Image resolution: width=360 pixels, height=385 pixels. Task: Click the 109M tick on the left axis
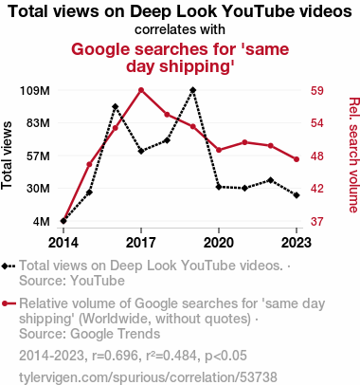(x=35, y=91)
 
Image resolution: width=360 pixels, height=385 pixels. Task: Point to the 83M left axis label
(x=38, y=123)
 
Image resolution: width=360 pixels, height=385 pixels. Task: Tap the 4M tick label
(x=42, y=221)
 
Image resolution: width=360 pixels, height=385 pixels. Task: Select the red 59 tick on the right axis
(x=317, y=91)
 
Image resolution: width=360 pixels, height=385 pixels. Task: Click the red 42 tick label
(x=317, y=189)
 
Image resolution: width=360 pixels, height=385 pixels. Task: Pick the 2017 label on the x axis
(x=141, y=243)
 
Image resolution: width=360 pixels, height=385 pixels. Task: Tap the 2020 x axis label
(x=219, y=243)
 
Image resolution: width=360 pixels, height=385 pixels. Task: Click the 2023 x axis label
(x=297, y=243)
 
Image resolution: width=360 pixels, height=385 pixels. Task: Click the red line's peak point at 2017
(x=141, y=90)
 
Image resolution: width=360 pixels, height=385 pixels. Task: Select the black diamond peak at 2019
(x=193, y=90)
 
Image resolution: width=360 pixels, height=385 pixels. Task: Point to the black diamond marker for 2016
(x=116, y=106)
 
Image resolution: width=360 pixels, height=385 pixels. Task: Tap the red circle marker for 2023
(x=297, y=159)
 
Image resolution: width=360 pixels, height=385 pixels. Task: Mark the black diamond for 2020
(x=219, y=187)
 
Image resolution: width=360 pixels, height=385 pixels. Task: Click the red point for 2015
(x=89, y=164)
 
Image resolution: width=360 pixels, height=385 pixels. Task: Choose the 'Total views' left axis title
(x=7, y=156)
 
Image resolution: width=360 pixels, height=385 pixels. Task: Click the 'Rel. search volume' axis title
(x=353, y=155)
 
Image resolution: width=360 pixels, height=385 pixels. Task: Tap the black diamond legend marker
(x=9, y=266)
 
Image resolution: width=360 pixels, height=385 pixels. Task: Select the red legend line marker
(x=9, y=303)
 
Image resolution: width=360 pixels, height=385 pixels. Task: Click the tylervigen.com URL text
(x=148, y=377)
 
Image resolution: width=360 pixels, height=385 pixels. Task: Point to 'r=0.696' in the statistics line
(x=116, y=356)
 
